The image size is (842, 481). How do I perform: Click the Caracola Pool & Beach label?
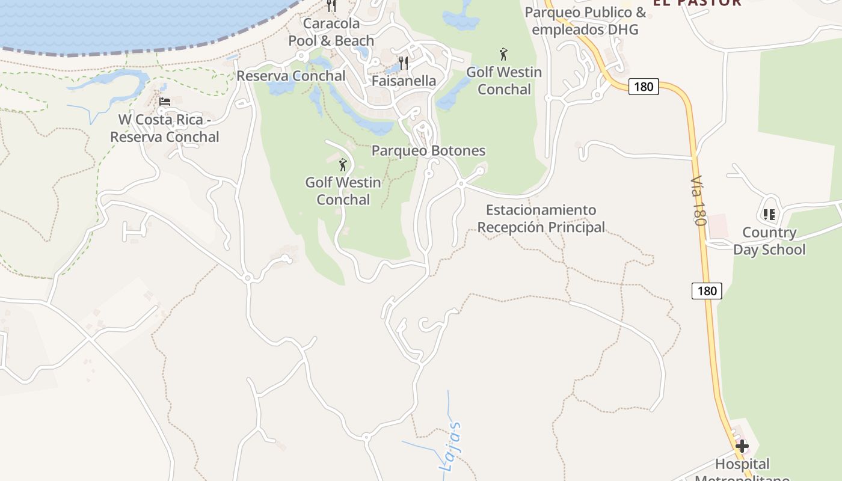[x=331, y=32]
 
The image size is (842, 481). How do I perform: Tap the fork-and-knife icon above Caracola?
[x=331, y=6]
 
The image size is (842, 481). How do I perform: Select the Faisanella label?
[x=404, y=81]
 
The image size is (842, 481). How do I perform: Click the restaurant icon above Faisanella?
[x=404, y=62]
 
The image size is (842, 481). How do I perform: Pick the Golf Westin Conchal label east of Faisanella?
[x=504, y=81]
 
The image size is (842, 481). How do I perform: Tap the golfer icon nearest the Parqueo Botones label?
[x=343, y=164]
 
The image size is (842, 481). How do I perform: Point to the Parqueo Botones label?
[x=428, y=150]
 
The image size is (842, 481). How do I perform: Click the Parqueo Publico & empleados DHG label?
[x=585, y=20]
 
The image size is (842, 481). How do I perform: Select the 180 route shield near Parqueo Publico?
[x=644, y=87]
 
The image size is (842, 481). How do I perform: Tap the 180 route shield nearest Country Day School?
[x=707, y=291]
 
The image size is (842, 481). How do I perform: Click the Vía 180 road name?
[x=698, y=201]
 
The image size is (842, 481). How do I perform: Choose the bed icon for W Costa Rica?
[x=165, y=102]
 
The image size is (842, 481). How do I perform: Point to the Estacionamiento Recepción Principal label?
[x=541, y=219]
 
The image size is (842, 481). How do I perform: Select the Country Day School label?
[x=769, y=241]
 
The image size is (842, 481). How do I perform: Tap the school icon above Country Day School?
[x=769, y=214]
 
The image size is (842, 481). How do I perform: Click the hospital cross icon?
[x=742, y=446]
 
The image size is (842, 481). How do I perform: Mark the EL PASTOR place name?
[x=697, y=2]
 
